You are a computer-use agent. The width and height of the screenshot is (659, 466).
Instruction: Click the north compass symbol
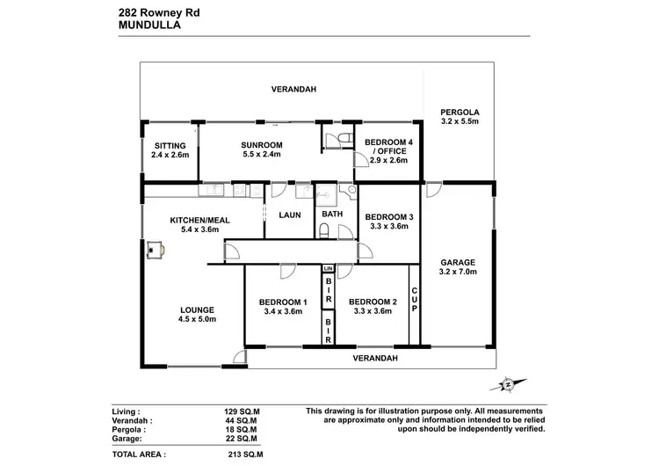[507, 383]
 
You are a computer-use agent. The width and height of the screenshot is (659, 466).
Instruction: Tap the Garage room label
[457, 267]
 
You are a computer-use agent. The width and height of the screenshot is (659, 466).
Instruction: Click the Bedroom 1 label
[283, 306]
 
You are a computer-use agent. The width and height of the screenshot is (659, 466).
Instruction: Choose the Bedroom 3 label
[388, 222]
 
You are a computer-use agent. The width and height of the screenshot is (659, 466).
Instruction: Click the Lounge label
[197, 314]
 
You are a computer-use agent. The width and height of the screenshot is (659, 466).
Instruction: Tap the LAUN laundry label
[290, 214]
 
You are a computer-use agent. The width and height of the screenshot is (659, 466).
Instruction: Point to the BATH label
[332, 214]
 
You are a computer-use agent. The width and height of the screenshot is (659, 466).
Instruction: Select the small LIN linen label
[328, 268]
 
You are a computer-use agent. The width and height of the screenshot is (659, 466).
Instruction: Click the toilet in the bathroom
[324, 231]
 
